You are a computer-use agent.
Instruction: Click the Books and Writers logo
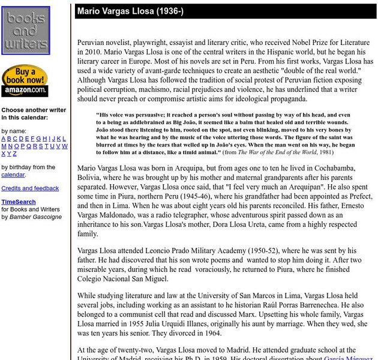point(26,31)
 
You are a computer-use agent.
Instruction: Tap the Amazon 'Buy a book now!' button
point(25,80)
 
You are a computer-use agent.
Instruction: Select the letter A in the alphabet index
point(4,139)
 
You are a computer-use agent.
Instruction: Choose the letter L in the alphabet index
point(64,139)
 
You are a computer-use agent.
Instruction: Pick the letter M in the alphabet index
point(4,146)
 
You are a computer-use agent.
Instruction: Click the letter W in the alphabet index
point(64,146)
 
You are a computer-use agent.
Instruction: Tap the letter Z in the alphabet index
point(16,154)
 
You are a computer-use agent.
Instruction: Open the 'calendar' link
point(13,175)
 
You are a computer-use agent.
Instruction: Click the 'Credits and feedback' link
point(30,188)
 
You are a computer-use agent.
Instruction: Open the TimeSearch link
point(18,202)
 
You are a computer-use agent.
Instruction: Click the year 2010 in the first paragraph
point(87,52)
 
